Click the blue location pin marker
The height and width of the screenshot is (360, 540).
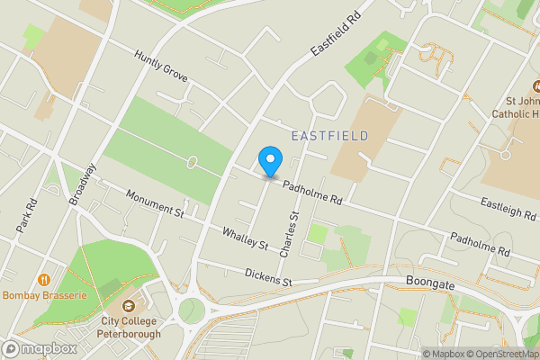pos(269,161)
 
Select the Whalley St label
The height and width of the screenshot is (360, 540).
pos(246,238)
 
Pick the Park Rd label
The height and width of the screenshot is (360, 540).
pos(26,216)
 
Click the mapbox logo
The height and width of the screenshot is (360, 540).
pos(40,348)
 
